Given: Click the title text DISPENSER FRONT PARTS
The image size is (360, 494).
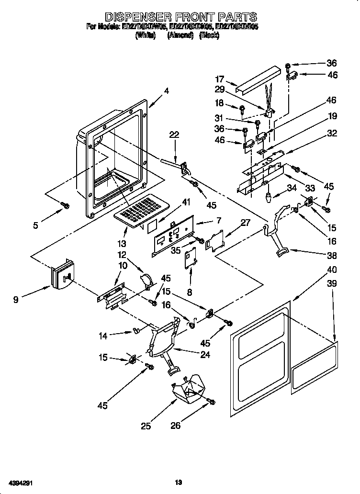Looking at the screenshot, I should (x=180, y=18).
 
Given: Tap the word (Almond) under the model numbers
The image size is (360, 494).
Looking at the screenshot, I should (x=180, y=36).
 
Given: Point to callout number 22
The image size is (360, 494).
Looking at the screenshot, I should (x=174, y=135).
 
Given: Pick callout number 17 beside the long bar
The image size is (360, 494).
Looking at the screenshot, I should (x=219, y=79).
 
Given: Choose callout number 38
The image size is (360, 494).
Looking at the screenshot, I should (x=331, y=255).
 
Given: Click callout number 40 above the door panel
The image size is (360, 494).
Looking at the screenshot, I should (x=331, y=269).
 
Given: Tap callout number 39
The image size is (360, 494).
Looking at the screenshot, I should (x=331, y=283).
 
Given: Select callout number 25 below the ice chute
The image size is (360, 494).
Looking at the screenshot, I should (x=146, y=426).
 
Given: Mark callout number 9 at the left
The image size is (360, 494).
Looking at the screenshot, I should (x=16, y=300).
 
